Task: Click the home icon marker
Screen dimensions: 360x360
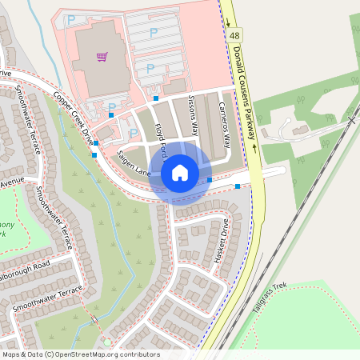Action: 180,173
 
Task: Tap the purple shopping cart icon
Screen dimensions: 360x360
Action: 102,57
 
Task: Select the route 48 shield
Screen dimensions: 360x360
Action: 235,36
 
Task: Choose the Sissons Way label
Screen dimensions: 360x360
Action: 194,115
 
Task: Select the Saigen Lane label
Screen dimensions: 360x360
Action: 133,162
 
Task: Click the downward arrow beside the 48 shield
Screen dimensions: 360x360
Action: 227,22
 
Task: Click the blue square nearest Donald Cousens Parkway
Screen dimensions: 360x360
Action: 238,186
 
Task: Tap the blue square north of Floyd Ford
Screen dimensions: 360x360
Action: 156,98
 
